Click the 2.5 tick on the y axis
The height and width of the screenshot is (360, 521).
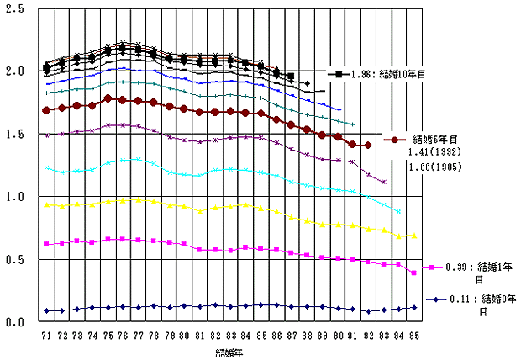click(15, 8)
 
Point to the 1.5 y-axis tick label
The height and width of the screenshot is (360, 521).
click(15, 134)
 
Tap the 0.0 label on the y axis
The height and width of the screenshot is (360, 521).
click(15, 322)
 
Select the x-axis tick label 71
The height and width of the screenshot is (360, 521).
click(47, 336)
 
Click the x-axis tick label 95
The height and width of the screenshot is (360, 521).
click(413, 336)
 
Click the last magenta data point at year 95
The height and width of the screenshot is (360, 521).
click(413, 273)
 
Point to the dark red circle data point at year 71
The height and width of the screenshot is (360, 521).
click(47, 110)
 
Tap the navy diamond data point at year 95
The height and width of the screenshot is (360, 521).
click(413, 308)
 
